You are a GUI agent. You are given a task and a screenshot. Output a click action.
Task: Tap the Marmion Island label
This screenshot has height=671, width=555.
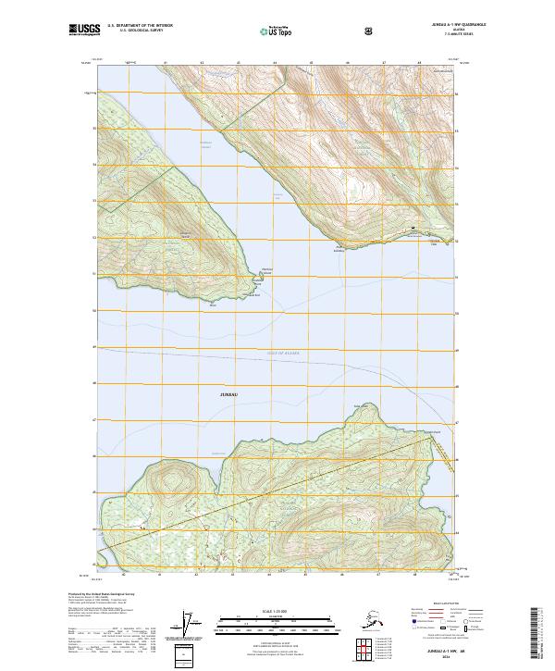pos(267,270)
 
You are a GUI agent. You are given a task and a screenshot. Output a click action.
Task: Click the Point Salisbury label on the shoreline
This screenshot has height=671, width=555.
pos(344,248)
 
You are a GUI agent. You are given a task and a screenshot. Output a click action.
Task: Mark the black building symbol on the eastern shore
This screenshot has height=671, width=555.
pos(413,228)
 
